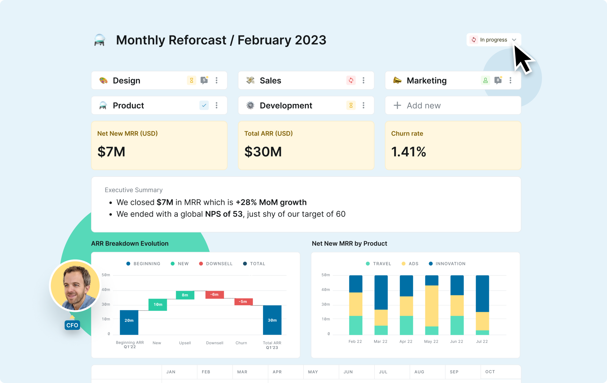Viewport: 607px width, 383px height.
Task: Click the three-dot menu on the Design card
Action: [217, 80]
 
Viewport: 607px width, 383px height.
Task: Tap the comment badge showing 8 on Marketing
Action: [498, 80]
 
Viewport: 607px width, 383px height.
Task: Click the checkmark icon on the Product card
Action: [204, 105]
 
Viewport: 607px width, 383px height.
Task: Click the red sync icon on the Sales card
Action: [351, 80]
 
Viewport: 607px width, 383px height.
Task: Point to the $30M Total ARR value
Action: [263, 152]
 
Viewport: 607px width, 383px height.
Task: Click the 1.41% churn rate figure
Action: [408, 152]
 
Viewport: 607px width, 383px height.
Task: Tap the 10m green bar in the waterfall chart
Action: [158, 305]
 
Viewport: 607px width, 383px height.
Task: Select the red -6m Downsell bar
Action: [214, 295]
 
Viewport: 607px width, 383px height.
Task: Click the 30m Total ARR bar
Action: [272, 320]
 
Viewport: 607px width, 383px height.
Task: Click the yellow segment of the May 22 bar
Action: [431, 306]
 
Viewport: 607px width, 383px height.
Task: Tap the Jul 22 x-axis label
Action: [482, 341]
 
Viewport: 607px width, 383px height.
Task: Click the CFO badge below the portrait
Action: [72, 325]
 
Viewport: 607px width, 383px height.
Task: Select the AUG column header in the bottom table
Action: [419, 372]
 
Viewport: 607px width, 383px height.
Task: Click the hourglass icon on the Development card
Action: [351, 105]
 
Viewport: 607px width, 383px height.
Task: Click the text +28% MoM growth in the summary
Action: [271, 202]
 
